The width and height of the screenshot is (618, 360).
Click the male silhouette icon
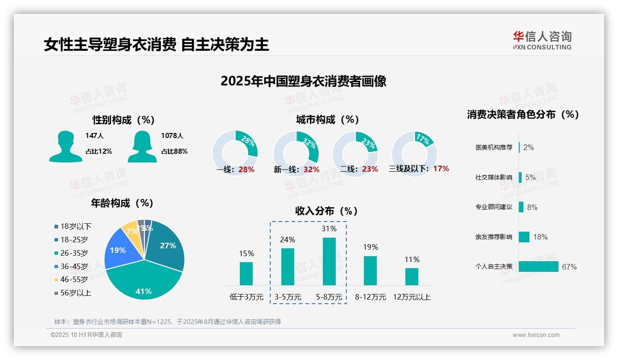click(65, 146)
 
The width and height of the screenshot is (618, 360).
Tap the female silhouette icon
click(142, 146)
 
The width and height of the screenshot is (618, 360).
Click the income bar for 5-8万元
click(329, 261)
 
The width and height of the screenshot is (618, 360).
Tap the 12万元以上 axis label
click(412, 297)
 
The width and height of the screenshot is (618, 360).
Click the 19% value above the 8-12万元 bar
click(370, 247)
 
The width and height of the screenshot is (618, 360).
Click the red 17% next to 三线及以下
click(441, 168)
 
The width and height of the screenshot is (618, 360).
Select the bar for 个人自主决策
click(538, 267)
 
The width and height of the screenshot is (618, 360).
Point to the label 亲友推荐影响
click(493, 237)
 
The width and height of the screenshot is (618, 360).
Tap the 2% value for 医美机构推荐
click(529, 148)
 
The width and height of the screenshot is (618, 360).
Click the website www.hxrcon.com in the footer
click(536, 335)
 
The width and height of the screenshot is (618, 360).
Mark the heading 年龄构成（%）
click(123, 203)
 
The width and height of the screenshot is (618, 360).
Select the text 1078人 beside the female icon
click(172, 136)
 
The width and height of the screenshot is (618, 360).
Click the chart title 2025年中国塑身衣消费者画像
click(303, 81)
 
